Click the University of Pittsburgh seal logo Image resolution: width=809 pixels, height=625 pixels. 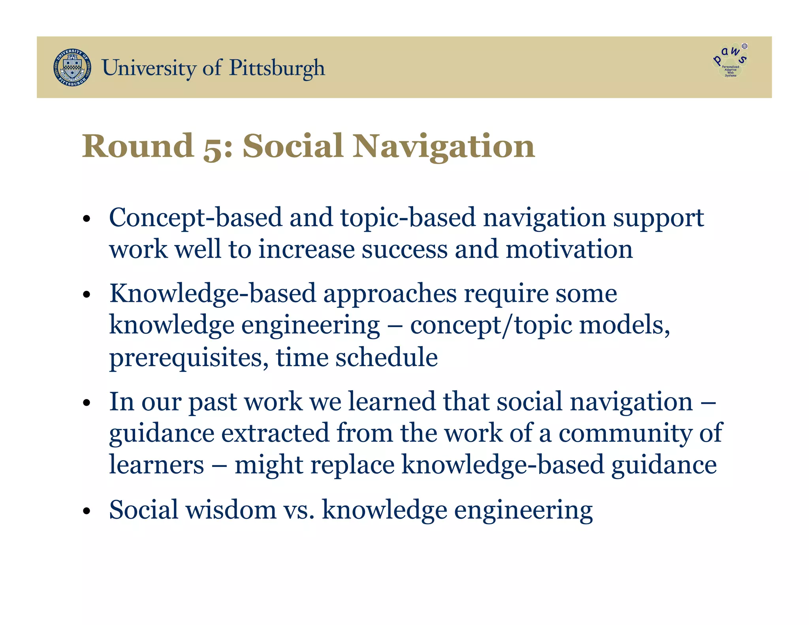click(72, 68)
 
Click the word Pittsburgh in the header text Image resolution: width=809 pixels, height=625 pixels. click(277, 68)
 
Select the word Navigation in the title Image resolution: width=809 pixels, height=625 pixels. click(444, 146)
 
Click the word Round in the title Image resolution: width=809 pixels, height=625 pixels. click(138, 146)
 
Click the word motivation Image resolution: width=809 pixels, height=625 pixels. click(569, 250)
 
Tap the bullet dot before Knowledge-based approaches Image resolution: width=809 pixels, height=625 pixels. click(87, 295)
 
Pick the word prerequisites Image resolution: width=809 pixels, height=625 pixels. click(186, 358)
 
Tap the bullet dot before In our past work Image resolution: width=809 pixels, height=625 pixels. click(87, 403)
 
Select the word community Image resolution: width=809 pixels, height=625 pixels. click(625, 433)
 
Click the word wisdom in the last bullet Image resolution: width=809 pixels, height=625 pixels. click(231, 510)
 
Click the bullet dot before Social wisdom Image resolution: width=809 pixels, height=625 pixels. click(87, 511)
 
